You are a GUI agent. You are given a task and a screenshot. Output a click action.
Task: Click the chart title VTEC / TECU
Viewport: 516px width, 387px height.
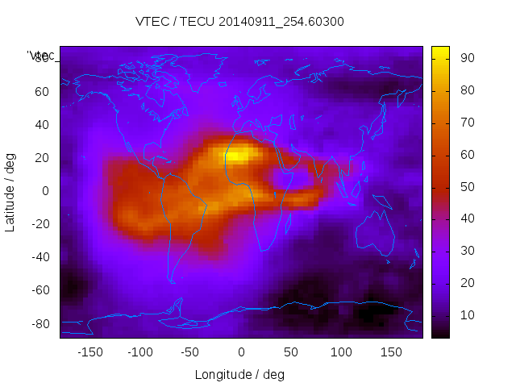point(240,22)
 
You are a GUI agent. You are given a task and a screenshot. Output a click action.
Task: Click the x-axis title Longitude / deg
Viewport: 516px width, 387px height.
point(239,374)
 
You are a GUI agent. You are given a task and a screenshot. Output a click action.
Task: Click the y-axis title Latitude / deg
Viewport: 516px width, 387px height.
point(10,191)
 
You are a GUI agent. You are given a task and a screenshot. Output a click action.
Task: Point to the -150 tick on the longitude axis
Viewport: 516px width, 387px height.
point(90,352)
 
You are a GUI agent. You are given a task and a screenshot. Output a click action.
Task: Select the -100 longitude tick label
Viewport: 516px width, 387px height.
point(140,352)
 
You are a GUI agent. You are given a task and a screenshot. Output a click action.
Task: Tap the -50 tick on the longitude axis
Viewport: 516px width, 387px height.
point(190,352)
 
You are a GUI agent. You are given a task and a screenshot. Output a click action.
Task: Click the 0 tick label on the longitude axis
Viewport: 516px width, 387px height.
point(240,352)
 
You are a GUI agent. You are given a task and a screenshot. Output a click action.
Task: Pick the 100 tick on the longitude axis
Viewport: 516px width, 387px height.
point(340,352)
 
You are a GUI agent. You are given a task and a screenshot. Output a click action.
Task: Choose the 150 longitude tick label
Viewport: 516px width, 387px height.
point(390,352)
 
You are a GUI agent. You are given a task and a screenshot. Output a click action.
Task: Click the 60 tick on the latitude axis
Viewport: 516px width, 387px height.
point(42,91)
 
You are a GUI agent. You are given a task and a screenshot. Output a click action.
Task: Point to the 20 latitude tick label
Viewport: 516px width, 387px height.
point(42,157)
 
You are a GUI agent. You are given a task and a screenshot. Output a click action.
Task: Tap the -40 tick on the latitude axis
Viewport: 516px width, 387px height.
point(40,257)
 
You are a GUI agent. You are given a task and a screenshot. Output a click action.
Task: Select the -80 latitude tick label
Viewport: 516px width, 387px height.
point(40,323)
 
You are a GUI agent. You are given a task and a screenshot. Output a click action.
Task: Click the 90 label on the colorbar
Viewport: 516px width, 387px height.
point(466,57)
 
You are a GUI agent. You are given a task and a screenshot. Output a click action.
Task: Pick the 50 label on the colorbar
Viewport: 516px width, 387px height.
point(466,186)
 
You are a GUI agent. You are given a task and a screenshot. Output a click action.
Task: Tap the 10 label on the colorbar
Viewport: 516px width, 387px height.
point(466,314)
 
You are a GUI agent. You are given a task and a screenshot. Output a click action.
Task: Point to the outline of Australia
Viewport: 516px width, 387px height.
point(375,234)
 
